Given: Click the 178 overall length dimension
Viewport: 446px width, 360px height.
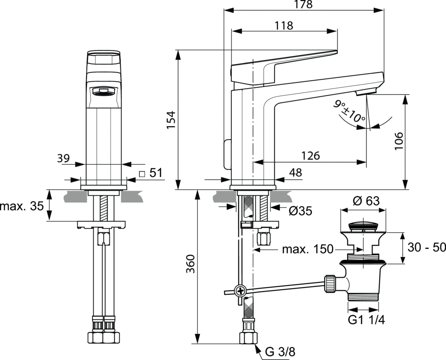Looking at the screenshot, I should click(303, 5).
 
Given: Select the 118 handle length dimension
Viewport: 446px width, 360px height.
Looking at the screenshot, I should click(284, 26).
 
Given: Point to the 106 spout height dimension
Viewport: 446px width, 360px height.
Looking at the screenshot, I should click(400, 141).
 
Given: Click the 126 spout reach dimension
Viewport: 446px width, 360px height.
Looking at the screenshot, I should click(310, 156).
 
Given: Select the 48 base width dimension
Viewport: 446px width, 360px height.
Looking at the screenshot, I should click(295, 173).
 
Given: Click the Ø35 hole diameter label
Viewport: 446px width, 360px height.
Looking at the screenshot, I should click(301, 211).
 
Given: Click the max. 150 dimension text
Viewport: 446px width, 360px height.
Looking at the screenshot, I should click(307, 249).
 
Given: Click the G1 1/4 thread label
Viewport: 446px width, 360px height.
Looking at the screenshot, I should click(366, 320).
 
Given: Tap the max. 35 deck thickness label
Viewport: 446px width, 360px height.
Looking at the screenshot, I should click(22, 206).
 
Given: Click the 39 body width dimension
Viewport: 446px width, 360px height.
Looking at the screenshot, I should click(64, 158).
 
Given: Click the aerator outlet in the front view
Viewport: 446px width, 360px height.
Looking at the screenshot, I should click(103, 92).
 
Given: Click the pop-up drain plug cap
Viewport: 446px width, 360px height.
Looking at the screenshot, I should click(363, 225).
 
